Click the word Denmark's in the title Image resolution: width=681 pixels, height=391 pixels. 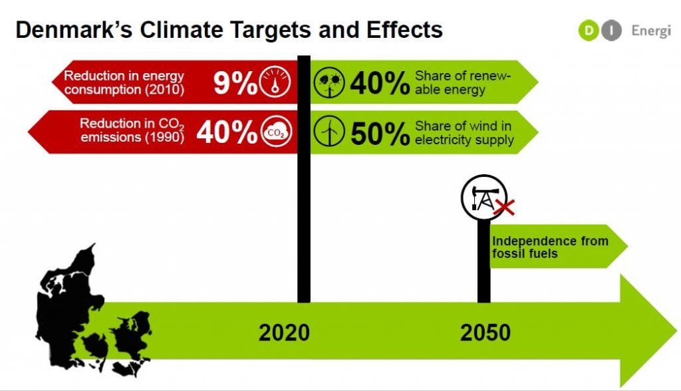74,30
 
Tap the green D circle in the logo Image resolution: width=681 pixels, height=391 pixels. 589,31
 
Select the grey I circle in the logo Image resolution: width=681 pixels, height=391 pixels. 612,31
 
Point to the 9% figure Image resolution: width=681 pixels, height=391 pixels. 235,82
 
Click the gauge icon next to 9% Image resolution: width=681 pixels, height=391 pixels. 275,82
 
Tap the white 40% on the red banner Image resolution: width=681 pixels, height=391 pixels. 227,132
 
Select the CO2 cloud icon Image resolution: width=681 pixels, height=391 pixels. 276,132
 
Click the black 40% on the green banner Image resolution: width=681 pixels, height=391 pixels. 380,83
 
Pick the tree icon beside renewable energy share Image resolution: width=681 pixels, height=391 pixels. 329,82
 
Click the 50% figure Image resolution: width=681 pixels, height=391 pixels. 380,134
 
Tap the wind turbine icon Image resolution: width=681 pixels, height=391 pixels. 329,131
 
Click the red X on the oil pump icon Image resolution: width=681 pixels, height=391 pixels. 504,207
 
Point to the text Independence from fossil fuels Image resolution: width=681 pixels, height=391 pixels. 550,247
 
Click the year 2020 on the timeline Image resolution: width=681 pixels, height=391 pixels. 284,332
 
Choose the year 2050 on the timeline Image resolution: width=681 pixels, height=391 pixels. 485,332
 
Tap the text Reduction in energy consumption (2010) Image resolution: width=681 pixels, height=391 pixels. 124,82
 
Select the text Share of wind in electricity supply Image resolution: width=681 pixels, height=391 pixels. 464,132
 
